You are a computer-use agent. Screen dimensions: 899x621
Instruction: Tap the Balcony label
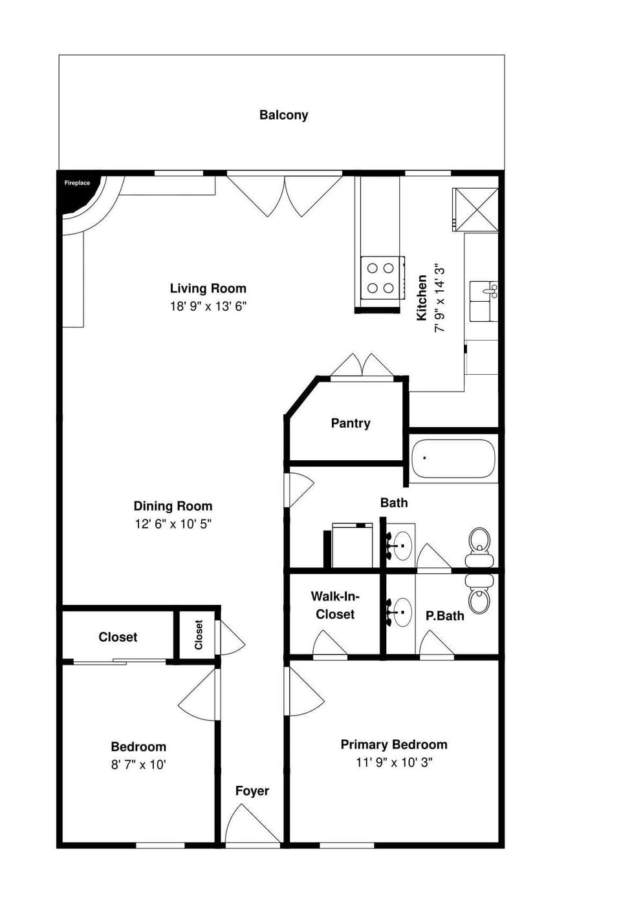pos(283,115)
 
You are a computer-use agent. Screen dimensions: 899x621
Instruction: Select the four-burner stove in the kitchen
pos(380,278)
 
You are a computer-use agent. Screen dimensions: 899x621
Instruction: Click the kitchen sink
pos(483,301)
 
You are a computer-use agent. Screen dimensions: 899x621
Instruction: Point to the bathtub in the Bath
pos(453,459)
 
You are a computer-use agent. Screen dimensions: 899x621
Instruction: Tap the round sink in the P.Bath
pos(402,611)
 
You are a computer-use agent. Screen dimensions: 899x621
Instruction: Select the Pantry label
pos(350,423)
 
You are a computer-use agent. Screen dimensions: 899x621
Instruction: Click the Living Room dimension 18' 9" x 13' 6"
pos(208,306)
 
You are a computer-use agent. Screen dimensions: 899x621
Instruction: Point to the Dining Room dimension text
pos(173,524)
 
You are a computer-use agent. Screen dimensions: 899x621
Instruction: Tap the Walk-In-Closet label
pos(335,605)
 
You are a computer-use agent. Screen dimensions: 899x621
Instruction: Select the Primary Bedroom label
pos(393,745)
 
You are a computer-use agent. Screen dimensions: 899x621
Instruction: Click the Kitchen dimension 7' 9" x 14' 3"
pos(440,297)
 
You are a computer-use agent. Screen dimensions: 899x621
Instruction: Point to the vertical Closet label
pos(199,635)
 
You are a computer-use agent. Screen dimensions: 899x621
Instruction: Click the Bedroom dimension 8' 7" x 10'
pos(138,765)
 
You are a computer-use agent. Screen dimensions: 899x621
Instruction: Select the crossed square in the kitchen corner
pos(475,209)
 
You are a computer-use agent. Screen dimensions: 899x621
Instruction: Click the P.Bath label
pos(444,616)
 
